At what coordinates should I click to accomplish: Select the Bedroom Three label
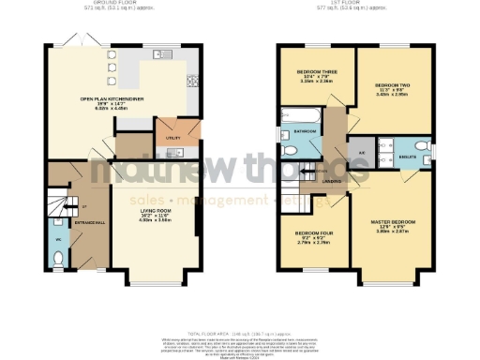[317, 72]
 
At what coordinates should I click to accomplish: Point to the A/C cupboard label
[363, 151]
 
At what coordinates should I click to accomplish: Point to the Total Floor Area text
[239, 334]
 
